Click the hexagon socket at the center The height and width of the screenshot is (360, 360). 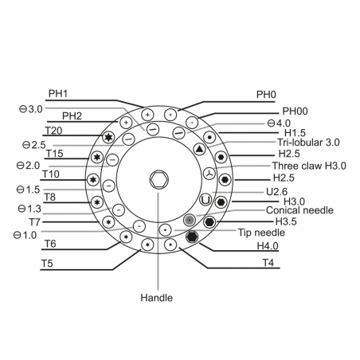click(158, 180)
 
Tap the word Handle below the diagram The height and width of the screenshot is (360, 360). click(157, 298)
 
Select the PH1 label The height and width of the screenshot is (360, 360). click(58, 94)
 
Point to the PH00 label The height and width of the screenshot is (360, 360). click(295, 111)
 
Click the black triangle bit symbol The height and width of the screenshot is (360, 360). click(200, 149)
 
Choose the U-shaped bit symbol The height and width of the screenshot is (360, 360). click(205, 200)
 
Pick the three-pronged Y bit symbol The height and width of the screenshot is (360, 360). click(209, 174)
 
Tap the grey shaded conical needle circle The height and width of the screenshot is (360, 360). click(190, 220)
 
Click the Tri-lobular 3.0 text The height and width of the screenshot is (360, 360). click(308, 143)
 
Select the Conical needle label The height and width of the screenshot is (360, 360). click(299, 210)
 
